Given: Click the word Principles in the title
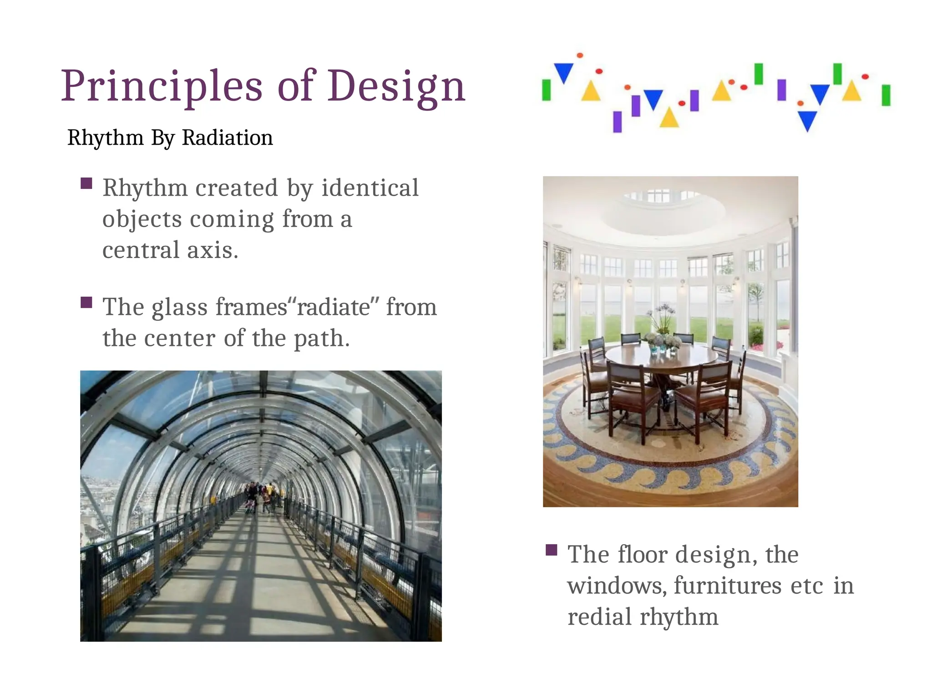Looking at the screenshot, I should coord(162,86).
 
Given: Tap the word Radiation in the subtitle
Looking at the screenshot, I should coord(227,137).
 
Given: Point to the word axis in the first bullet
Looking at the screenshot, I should coord(213,250).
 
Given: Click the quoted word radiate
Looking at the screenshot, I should coord(333,307).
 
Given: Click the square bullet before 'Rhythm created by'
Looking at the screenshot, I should coord(86,183).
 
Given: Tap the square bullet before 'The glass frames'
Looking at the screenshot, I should coord(86,303).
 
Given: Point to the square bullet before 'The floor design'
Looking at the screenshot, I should coord(552,550).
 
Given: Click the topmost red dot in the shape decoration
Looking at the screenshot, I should coord(580,56).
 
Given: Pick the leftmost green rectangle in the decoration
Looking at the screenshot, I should coord(547,90).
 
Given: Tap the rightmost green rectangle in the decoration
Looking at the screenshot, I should coord(886,95).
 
